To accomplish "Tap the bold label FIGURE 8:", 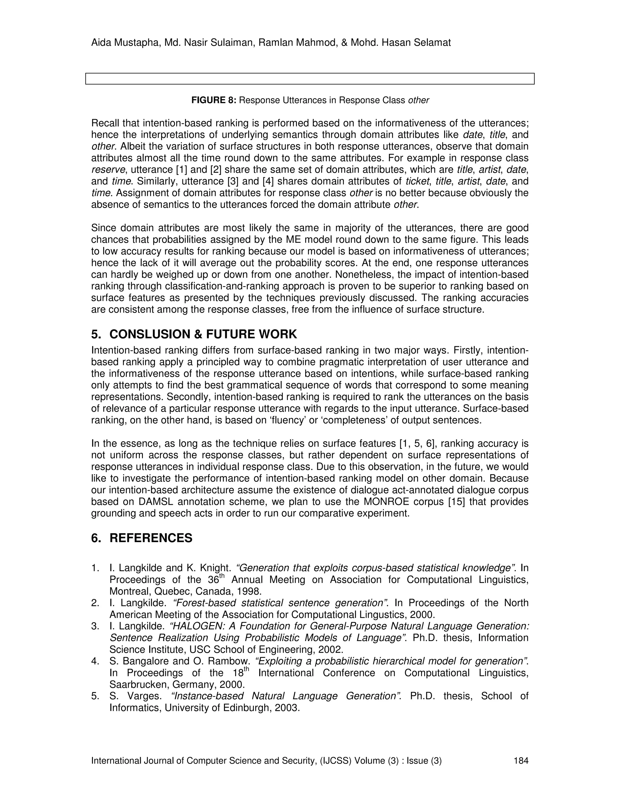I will (214, 100).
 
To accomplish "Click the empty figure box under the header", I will (310, 79).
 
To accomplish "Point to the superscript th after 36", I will (222, 576).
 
